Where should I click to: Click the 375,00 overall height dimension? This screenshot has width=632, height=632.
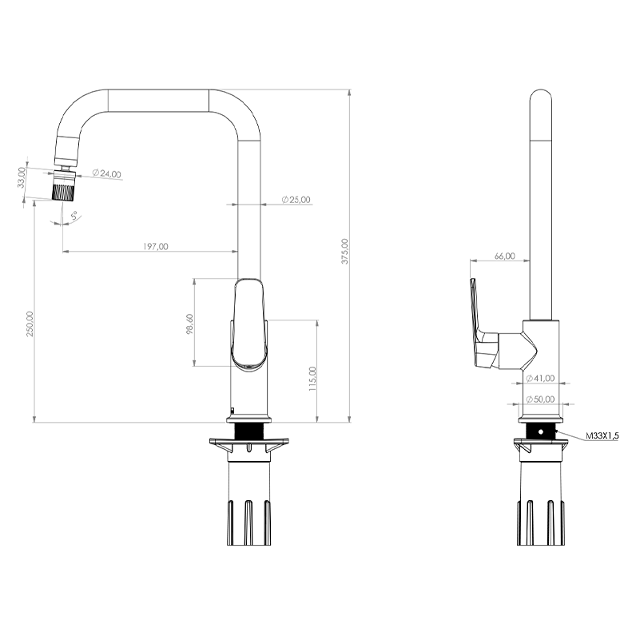coord(344,251)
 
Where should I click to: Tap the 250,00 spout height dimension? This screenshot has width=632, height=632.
coord(30,324)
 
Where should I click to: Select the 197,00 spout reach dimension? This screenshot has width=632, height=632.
coord(156,246)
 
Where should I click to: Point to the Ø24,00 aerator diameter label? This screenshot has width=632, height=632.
coord(106,173)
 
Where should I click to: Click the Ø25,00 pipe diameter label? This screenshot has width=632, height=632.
coord(296,200)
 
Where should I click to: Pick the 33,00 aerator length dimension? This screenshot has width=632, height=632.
coord(22,177)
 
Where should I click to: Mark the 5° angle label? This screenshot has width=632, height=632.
coord(74,216)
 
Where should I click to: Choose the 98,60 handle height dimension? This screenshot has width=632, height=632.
coord(190,324)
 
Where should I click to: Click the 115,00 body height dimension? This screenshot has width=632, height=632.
coord(312,379)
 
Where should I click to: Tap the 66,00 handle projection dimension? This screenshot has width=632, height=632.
coord(505,256)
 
